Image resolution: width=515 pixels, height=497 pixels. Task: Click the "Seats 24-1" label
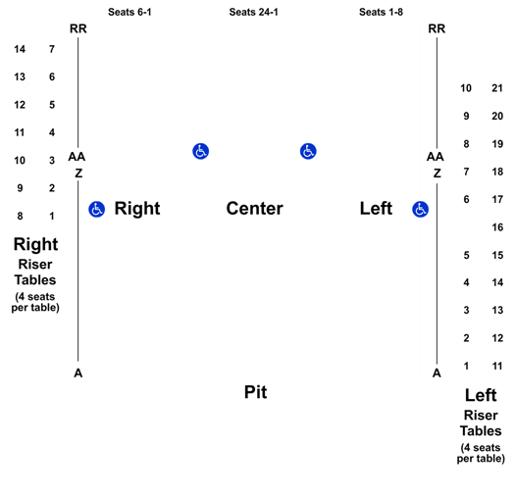(x=253, y=12)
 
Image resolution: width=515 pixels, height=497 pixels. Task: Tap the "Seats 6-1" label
(x=129, y=12)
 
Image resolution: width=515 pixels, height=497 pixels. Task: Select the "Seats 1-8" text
(x=381, y=12)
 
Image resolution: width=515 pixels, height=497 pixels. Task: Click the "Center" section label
(x=254, y=209)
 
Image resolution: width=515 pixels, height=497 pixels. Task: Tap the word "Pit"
(x=255, y=392)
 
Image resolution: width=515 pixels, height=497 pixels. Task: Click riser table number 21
(x=497, y=88)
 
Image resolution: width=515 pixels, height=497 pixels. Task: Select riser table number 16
(x=497, y=227)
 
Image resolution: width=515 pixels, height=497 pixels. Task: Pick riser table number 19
(x=497, y=144)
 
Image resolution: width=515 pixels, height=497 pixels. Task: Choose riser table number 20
(x=497, y=116)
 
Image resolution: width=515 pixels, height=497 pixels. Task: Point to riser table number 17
(x=497, y=199)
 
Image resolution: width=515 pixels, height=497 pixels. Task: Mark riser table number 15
(x=497, y=255)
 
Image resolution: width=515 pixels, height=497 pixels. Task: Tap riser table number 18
(x=497, y=172)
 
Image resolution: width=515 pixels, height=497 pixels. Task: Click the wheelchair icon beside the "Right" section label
(x=96, y=209)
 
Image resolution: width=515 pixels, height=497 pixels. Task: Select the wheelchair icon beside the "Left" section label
(x=421, y=209)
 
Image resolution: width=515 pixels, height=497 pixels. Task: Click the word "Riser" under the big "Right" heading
(x=35, y=265)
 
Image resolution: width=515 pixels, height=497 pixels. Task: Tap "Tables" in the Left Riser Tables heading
(x=481, y=430)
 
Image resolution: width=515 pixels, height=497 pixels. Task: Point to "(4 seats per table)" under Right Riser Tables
(x=35, y=302)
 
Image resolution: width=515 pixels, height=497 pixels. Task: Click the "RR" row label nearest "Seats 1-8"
(x=437, y=28)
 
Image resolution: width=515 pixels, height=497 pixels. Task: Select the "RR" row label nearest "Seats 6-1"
(x=78, y=28)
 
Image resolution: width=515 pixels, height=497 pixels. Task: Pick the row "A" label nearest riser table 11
(x=437, y=373)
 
